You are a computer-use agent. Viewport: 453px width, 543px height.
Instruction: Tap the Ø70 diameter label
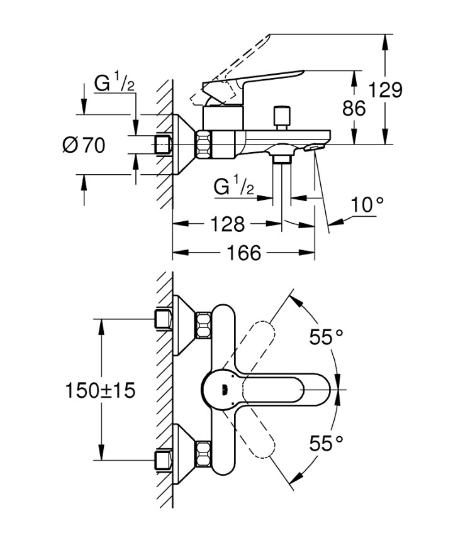[84, 145]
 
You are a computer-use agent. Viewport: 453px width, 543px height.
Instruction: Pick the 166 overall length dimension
[243, 253]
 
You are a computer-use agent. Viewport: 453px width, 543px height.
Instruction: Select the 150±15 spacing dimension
[101, 390]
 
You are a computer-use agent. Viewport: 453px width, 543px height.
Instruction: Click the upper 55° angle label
[327, 337]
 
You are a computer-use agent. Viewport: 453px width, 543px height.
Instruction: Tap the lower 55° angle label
[327, 444]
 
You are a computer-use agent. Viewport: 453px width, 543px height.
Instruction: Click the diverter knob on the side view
[279, 118]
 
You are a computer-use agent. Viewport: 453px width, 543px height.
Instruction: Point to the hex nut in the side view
[205, 145]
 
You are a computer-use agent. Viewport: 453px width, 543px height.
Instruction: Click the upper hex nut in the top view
[203, 324]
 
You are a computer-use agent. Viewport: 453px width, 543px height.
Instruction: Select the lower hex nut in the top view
[203, 455]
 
